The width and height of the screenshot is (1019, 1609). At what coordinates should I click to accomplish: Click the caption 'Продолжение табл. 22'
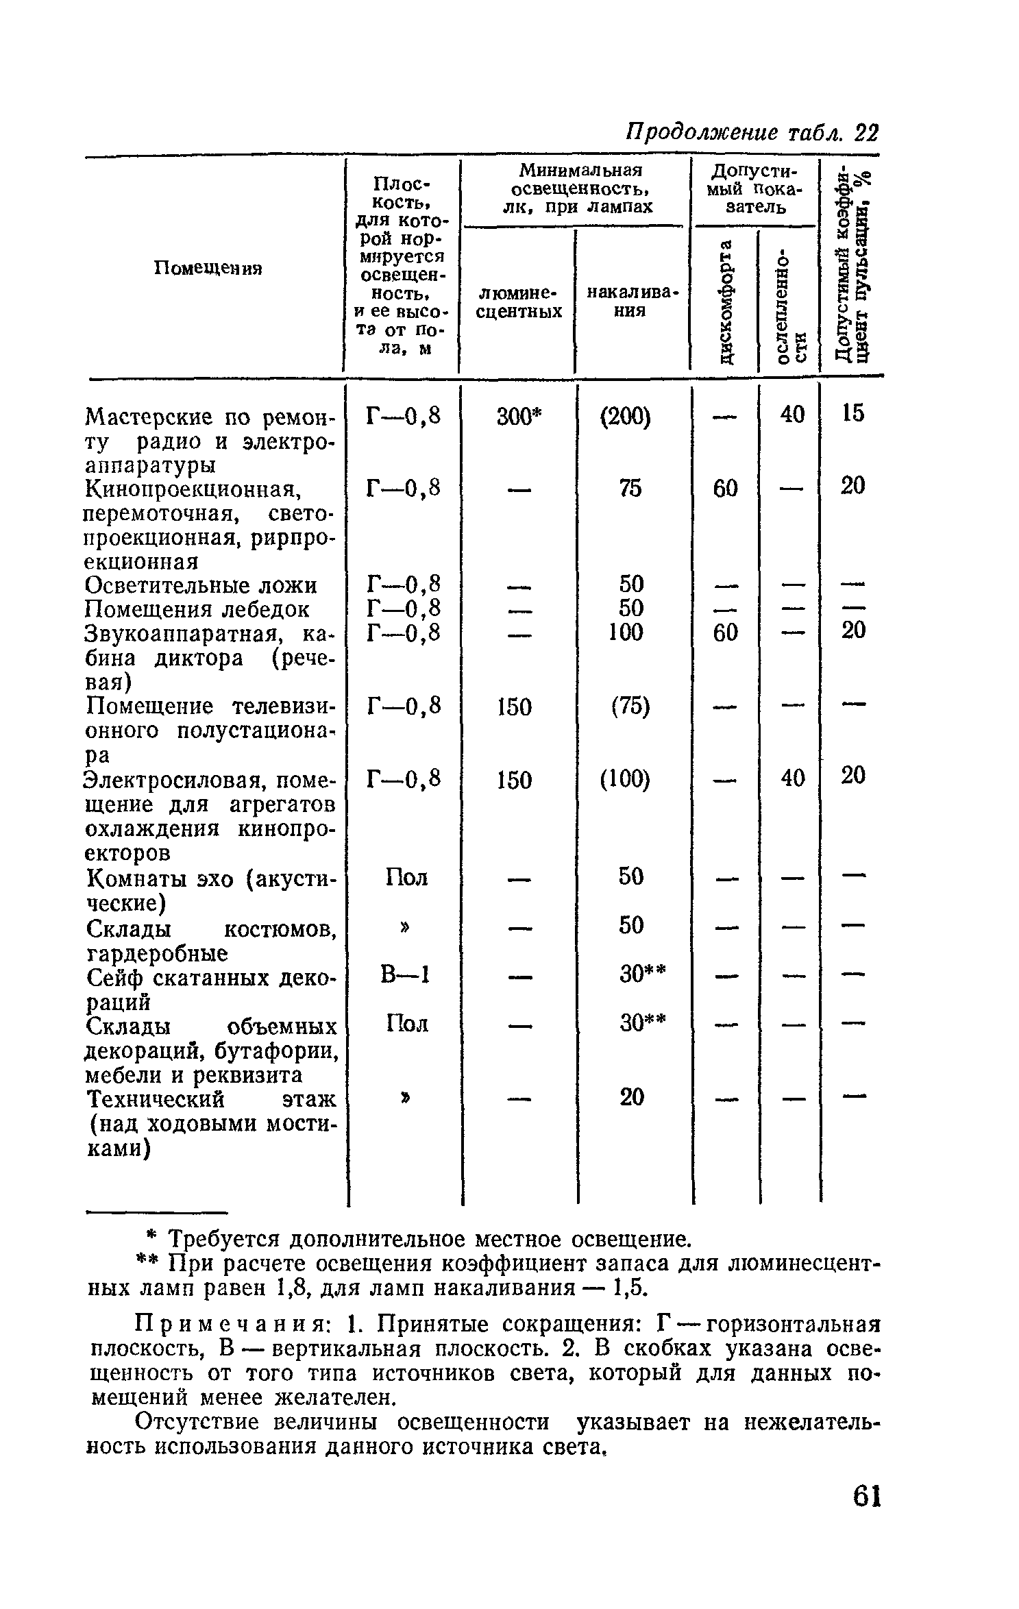point(752,133)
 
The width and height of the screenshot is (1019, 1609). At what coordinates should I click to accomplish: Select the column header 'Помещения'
point(208,267)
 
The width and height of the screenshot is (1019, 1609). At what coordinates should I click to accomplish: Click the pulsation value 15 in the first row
point(853,413)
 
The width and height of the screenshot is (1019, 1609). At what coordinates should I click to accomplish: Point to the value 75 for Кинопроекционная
point(630,488)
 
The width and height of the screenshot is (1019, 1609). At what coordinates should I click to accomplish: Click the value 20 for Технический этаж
point(631,1097)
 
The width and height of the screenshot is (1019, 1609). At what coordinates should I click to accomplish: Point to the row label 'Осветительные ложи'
point(201,585)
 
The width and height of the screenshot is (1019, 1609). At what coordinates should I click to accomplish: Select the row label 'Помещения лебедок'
point(197,609)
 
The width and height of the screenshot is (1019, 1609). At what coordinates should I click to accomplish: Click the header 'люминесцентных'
point(519,302)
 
